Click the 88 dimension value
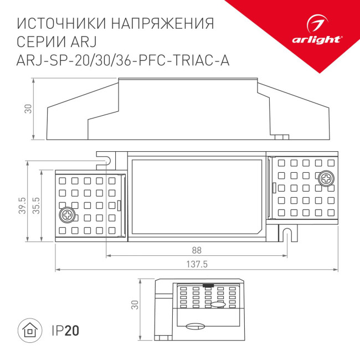point(196,249)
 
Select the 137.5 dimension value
point(197,265)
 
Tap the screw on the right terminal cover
point(326,178)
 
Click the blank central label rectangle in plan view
point(197,197)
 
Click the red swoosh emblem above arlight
point(318,24)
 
